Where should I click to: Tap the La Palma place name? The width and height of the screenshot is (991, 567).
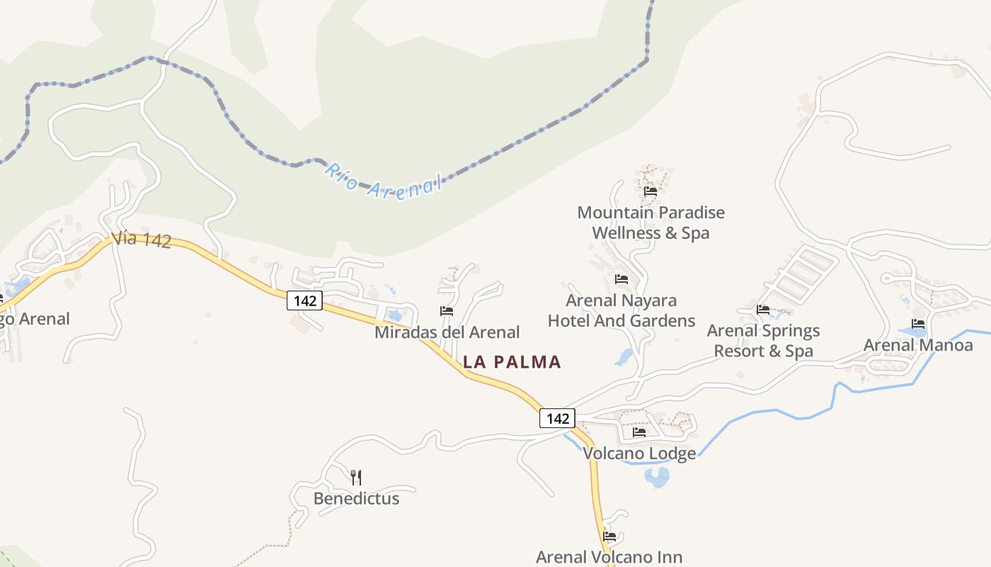(512, 362)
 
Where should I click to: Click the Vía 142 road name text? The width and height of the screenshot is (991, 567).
(142, 239)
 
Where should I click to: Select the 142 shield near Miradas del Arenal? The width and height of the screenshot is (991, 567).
(304, 301)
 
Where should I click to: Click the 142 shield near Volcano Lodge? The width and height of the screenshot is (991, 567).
(557, 418)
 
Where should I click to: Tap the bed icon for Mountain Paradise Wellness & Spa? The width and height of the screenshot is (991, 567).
(651, 191)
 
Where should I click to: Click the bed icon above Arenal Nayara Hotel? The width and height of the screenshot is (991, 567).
(621, 279)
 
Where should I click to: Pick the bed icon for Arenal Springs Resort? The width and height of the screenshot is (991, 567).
(762, 309)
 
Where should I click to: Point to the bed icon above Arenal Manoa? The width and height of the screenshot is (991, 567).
(918, 324)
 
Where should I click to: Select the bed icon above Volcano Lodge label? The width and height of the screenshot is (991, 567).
(639, 432)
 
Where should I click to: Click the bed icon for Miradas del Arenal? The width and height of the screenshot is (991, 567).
(447, 310)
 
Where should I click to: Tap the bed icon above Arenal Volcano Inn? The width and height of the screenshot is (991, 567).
(609, 536)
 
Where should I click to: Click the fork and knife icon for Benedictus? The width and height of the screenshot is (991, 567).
(356, 477)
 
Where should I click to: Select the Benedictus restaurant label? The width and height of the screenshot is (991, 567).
(356, 498)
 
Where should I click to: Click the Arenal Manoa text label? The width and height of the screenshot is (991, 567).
(918, 345)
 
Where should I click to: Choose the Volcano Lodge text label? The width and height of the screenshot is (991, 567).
(639, 454)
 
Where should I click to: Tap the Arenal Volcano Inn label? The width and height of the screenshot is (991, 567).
(609, 557)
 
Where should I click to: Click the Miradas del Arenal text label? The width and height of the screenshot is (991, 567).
(447, 332)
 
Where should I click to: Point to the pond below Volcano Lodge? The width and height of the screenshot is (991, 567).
(657, 478)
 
